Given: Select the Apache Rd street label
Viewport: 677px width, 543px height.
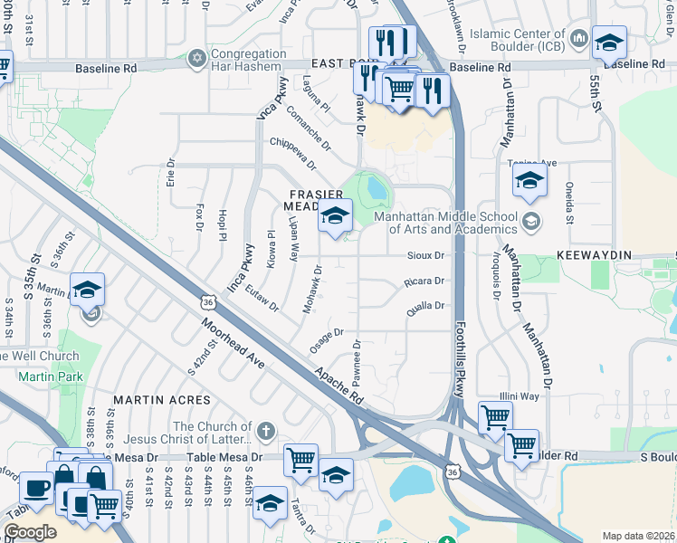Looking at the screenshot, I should pyautogui.click(x=338, y=385).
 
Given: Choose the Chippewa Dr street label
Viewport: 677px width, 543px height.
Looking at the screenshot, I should pyautogui.click(x=292, y=154).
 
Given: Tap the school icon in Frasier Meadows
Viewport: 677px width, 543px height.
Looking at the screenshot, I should pyautogui.click(x=335, y=216).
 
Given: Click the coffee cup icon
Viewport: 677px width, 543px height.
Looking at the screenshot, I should pyautogui.click(x=36, y=487).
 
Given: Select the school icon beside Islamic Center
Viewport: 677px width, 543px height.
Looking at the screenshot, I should pyautogui.click(x=609, y=42).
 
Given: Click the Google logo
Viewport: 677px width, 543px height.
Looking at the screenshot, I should pyautogui.click(x=30, y=532).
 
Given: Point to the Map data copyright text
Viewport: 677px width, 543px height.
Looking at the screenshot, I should pyautogui.click(x=638, y=536).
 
